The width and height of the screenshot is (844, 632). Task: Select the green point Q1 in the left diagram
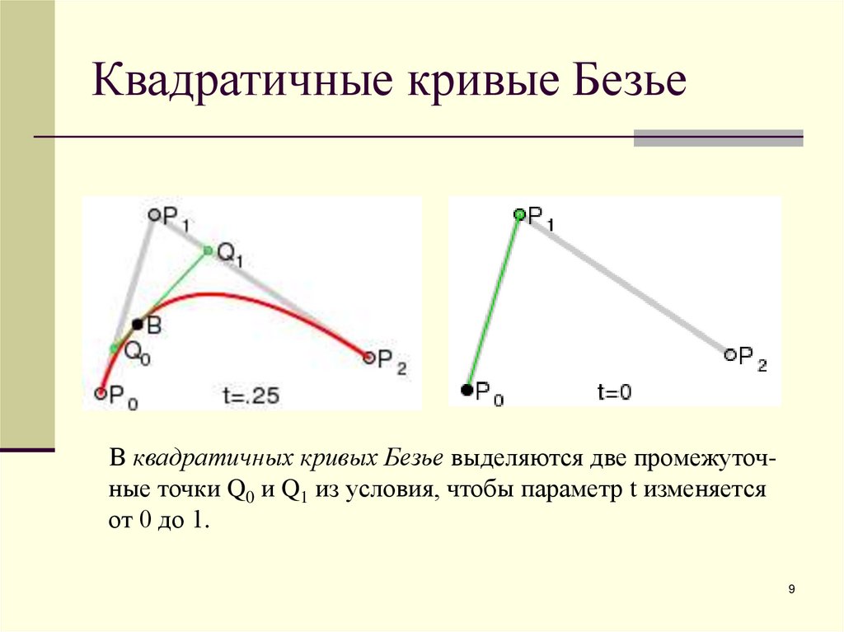click(x=208, y=250)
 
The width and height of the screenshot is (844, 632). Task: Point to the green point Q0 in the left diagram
click(x=115, y=348)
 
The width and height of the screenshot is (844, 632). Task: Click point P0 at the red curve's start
click(x=101, y=394)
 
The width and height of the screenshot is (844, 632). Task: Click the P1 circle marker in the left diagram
click(x=153, y=214)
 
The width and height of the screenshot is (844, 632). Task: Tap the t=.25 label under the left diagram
click(x=251, y=396)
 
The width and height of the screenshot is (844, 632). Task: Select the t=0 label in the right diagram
click(x=614, y=392)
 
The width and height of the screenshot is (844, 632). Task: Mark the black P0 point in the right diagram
click(x=467, y=390)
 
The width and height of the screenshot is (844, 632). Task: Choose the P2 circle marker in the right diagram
click(x=729, y=354)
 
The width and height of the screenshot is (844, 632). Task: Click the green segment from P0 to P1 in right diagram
click(x=494, y=302)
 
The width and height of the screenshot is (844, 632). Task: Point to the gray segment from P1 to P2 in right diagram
click(x=625, y=284)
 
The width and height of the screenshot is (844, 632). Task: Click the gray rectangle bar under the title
click(x=718, y=138)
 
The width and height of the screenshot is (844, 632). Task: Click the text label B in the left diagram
click(x=154, y=326)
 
